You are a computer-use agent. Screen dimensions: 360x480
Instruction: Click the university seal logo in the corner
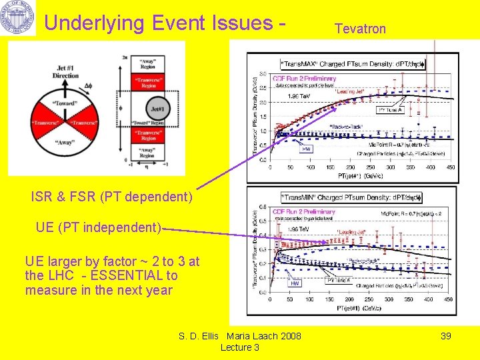tap(18, 19)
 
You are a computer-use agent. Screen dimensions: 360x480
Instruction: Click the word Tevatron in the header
tap(360, 29)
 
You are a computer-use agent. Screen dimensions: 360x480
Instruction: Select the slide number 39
tap(445, 336)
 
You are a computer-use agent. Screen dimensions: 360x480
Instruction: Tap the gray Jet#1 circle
tap(157, 109)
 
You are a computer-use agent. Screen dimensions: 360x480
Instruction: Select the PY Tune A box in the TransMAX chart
tap(390, 110)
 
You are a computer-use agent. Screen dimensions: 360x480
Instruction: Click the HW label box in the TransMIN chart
tap(295, 283)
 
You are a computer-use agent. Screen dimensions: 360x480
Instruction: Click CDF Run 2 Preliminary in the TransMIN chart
tap(303, 212)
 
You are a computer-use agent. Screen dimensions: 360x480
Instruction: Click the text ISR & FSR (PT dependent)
tap(111, 197)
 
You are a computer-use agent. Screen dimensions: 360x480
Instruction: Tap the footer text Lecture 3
tap(239, 347)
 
